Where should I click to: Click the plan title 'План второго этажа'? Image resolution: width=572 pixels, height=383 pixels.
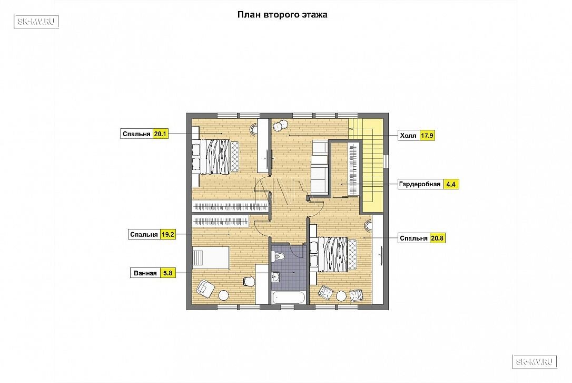point(282,15)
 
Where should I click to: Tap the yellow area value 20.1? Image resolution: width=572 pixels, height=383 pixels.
point(160,134)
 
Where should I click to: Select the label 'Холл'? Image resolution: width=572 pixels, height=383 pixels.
point(408,136)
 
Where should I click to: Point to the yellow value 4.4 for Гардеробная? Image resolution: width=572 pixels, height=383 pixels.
point(451,184)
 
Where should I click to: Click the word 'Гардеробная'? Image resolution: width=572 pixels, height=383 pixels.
point(419,184)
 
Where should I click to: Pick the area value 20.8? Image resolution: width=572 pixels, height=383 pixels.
point(437,238)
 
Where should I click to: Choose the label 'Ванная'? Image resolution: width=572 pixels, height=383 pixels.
point(145,273)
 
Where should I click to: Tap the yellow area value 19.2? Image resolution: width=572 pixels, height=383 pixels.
point(168,234)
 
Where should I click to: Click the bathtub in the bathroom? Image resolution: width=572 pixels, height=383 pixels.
point(289,297)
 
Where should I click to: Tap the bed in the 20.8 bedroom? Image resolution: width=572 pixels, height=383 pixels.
point(333,254)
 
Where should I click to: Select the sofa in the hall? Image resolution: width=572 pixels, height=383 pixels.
point(320,168)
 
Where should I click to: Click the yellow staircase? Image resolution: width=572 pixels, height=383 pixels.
point(371,165)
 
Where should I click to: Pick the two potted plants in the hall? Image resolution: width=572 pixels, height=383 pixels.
point(280,126)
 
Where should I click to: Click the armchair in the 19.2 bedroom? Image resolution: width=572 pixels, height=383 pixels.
point(205,289)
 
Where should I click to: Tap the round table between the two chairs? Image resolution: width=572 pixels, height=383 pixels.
point(341,295)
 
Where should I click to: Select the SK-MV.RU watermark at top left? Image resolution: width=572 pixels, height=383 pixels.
point(36,22)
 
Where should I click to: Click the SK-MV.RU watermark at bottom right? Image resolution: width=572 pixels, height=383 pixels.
point(535,361)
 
